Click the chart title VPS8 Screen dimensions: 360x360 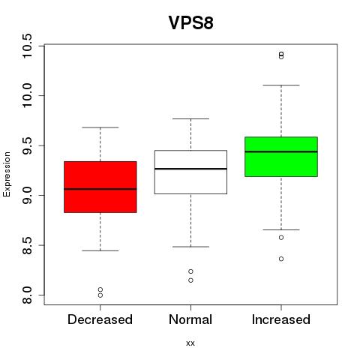190,22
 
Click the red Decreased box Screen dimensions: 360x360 100,187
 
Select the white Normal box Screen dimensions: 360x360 190,172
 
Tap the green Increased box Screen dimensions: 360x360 281,157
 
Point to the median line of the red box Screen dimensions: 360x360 100,189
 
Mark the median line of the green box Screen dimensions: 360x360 281,151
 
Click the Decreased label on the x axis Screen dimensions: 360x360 100,319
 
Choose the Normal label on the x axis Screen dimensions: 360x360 190,319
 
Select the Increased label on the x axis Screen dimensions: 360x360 281,319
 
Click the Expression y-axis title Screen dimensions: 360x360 7,174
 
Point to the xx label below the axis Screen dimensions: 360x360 190,343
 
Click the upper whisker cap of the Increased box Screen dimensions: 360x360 281,85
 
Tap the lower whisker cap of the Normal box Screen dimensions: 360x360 190,247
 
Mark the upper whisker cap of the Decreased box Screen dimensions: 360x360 100,127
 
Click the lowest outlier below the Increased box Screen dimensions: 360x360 281,259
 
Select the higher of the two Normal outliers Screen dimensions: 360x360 190,271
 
